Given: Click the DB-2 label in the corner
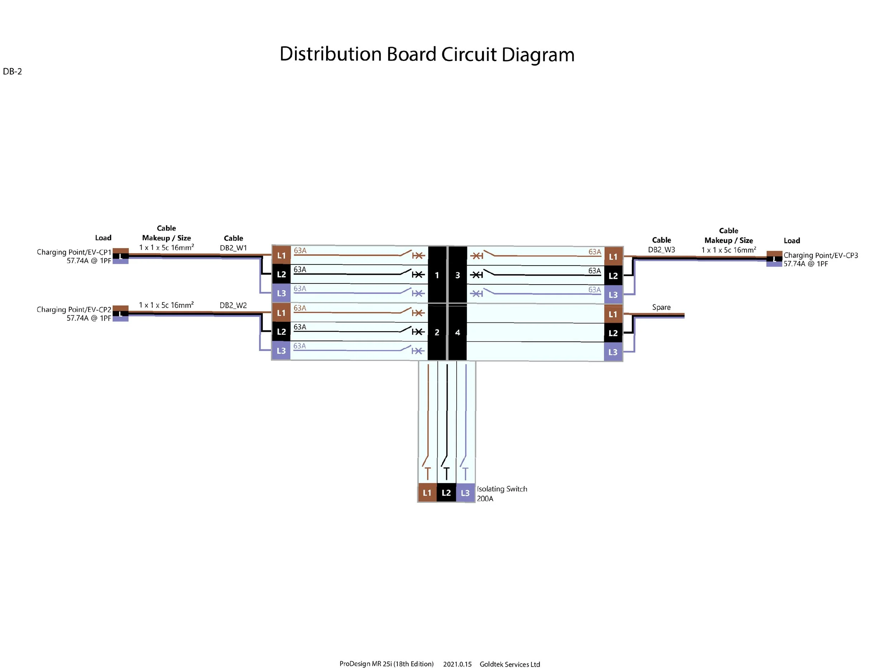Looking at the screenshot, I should tap(12, 72).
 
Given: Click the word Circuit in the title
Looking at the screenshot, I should tap(469, 54).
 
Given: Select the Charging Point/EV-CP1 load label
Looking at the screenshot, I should tap(74, 252).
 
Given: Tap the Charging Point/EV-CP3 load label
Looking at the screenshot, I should tap(820, 255).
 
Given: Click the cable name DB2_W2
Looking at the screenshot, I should tap(233, 305).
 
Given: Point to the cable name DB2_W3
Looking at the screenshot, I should tap(661, 250).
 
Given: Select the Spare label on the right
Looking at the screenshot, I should tap(661, 307).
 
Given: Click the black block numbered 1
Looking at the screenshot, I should tap(437, 275).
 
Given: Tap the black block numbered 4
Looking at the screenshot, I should tap(457, 332).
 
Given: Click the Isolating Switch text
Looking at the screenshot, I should tap(502, 489).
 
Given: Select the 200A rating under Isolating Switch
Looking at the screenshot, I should tap(485, 498).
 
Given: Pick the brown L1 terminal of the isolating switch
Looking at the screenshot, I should tap(427, 492).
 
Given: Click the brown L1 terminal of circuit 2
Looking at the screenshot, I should tap(281, 313).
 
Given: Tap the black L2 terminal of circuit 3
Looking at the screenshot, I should tap(613, 276).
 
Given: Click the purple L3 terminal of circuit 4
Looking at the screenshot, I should tap(613, 352).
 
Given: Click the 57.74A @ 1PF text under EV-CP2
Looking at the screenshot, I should tap(89, 318).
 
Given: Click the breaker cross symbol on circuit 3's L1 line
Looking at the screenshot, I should tap(477, 256).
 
